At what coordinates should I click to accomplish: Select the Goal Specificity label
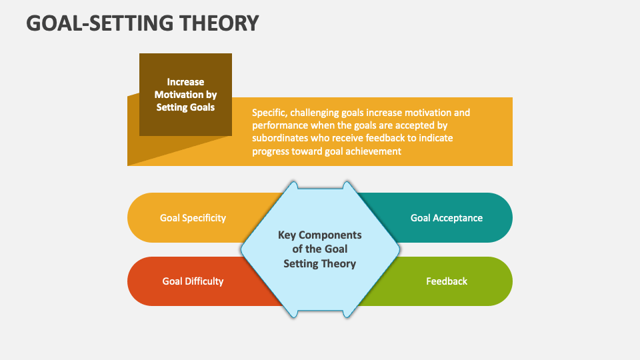coord(193,218)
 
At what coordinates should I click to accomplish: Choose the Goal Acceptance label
coord(446,218)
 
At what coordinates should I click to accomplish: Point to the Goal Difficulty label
coord(193,281)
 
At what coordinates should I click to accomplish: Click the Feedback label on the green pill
coord(446,281)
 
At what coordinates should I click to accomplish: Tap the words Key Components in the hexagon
coord(319,235)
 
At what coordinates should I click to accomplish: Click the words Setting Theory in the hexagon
coord(319,263)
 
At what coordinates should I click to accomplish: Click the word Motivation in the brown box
coord(185,95)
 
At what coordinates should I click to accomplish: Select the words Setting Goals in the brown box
coord(185,107)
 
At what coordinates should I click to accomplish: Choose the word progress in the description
coord(270,151)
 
